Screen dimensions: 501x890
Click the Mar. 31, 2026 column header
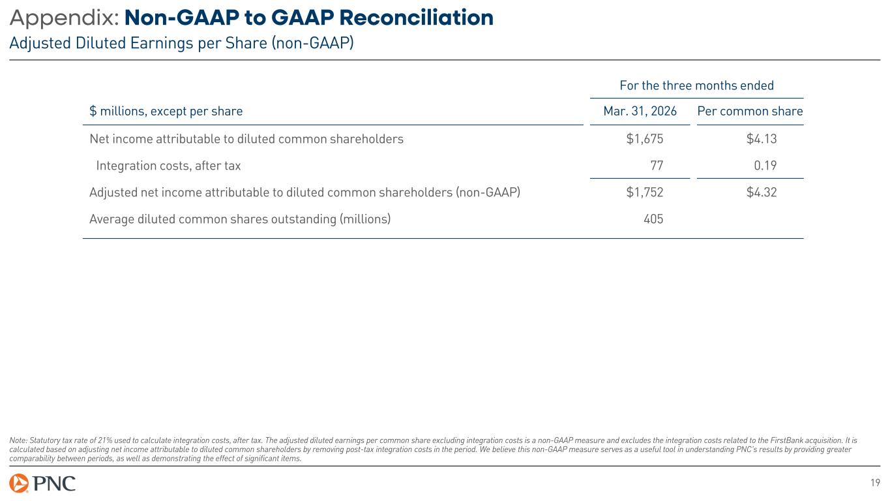(x=640, y=111)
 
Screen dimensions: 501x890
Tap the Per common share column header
(x=750, y=111)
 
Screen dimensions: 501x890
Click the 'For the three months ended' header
(x=696, y=85)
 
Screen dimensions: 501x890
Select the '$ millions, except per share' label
(x=166, y=111)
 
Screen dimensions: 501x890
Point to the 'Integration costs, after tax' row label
(x=168, y=166)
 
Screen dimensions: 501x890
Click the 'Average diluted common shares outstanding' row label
(x=240, y=219)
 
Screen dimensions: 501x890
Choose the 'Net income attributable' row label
(x=246, y=139)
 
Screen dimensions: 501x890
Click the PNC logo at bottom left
(x=42, y=483)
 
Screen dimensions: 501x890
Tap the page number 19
(x=875, y=483)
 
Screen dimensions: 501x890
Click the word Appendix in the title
(x=64, y=18)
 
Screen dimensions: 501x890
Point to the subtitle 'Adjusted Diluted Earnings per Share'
(x=181, y=43)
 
